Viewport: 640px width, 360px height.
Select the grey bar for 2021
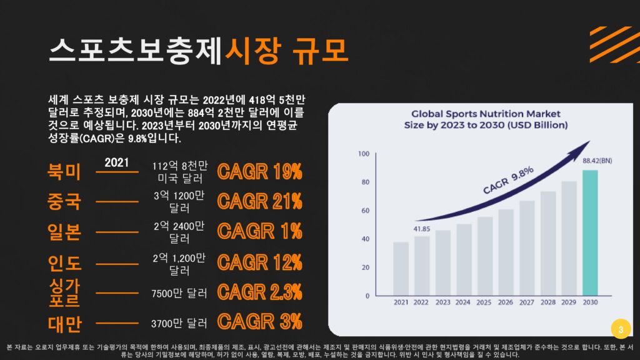(401, 269)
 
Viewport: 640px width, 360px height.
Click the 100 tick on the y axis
(363, 153)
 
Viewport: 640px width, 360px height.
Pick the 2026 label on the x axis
(506, 303)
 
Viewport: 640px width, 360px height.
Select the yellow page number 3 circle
(620, 329)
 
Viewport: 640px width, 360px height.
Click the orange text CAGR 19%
(259, 171)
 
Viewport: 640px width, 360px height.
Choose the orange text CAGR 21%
(259, 201)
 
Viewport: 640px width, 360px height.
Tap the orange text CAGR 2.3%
(259, 291)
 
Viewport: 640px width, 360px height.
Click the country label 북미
(64, 171)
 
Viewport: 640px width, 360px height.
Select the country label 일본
(64, 232)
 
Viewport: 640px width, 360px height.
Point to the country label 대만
(64, 323)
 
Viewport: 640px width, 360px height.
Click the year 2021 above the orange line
(117, 162)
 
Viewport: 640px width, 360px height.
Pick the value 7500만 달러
(179, 293)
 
